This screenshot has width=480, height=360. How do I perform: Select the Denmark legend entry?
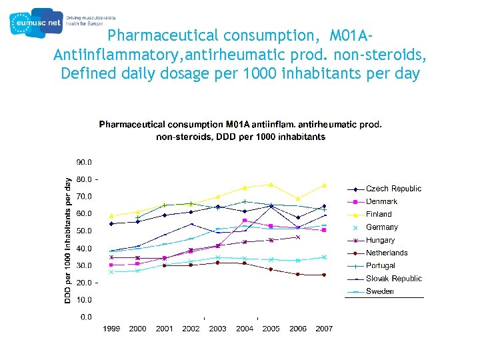coord(381,201)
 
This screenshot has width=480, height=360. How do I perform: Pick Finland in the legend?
coord(379,214)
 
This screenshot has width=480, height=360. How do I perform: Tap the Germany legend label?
coord(381,227)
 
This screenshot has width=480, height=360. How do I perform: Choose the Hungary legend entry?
coord(380,240)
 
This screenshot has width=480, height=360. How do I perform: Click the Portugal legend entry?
coord(380,265)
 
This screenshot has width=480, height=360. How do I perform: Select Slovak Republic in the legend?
coord(393,279)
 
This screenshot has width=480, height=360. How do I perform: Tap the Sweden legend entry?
coord(379,291)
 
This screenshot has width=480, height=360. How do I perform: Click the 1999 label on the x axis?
coord(111,329)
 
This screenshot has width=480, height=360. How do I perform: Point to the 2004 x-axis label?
coord(245,329)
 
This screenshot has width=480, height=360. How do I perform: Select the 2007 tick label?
coord(324,329)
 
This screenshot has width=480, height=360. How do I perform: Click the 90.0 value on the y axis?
coord(84,162)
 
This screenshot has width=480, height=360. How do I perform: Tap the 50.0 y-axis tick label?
coord(84,231)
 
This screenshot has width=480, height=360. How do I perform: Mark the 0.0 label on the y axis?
coord(86,317)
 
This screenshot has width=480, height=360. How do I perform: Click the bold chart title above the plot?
coord(241,131)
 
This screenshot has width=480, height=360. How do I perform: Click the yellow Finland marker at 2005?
coord(271,185)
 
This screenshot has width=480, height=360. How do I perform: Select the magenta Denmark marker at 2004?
coord(245,220)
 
